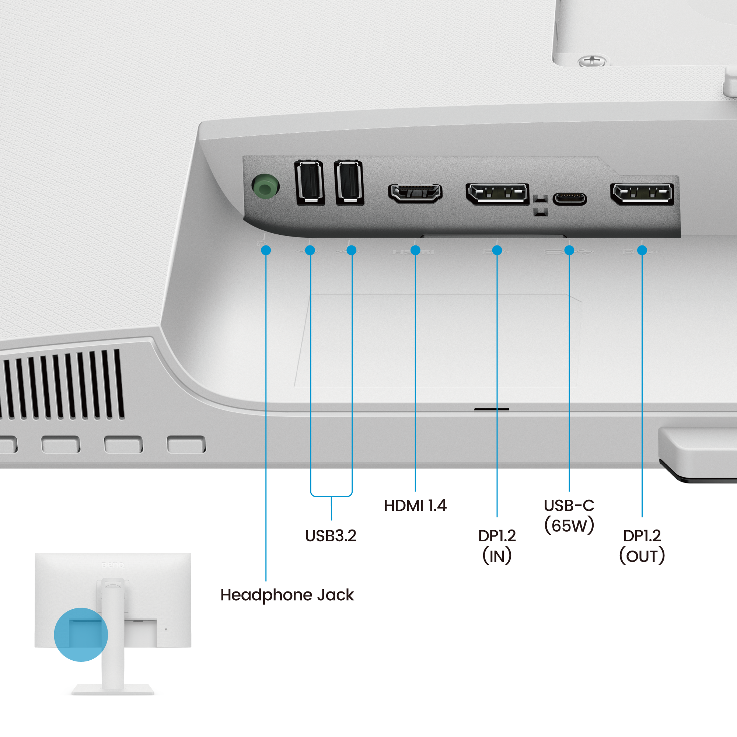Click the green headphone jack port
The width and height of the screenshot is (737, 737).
[265, 186]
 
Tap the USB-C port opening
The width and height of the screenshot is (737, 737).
[569, 198]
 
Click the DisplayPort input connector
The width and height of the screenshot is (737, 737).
[497, 193]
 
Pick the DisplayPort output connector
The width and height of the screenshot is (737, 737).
[642, 193]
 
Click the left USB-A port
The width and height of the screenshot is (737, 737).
[310, 182]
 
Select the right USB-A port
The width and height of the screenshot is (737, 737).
[349, 182]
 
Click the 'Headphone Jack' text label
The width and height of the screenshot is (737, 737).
[287, 595]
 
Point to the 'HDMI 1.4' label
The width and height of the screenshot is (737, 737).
[415, 506]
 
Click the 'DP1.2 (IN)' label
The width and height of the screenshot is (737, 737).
[497, 546]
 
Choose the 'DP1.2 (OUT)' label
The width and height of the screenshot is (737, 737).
[642, 546]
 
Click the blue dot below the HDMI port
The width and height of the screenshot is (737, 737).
[415, 250]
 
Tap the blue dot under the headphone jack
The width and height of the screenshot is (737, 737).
[266, 250]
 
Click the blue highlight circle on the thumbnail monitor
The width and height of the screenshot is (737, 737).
[81, 635]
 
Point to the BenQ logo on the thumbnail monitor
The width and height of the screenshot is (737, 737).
[113, 565]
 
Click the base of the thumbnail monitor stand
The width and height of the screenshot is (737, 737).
[113, 690]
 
